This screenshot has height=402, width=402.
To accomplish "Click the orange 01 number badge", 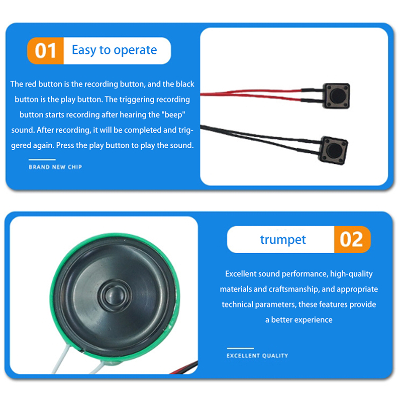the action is pos(45,51).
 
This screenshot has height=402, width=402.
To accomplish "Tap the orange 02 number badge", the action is pos(352,239).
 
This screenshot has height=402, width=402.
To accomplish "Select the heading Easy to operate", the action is pos(115,50).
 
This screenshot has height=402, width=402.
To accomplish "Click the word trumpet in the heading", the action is pos(283,240).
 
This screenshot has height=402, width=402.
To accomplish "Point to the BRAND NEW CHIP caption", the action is pos(55,167).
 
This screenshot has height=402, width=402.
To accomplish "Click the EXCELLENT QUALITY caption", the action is pos(257,356).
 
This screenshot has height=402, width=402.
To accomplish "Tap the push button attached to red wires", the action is pos(336,95).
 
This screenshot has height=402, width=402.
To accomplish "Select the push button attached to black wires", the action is pos(333,150).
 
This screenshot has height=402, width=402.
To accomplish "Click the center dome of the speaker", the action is pos(115,295).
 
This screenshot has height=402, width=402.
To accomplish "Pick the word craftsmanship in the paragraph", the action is pos(293,289).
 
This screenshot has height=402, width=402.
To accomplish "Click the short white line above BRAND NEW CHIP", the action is pos(42,159).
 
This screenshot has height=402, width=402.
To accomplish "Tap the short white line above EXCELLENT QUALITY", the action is pos(240,348).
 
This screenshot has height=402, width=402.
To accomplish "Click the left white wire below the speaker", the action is pos(60,359).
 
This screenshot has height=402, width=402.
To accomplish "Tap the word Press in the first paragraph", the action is pos(65,145).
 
